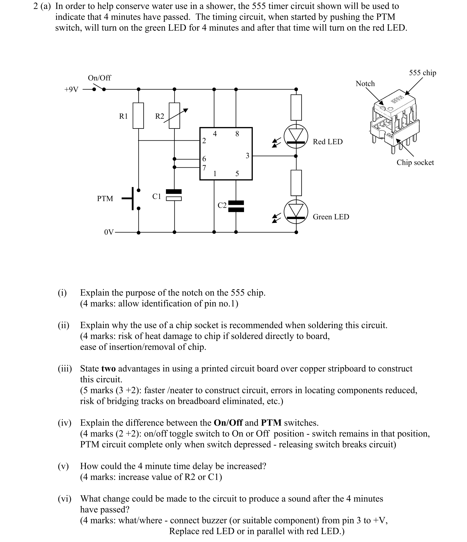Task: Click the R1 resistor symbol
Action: pyautogui.click(x=138, y=116)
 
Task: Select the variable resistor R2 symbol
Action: pyautogui.click(x=174, y=116)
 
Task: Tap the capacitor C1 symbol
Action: pyautogui.click(x=174, y=195)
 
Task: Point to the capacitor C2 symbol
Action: pyautogui.click(x=236, y=206)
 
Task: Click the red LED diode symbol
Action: pyautogui.click(x=296, y=136)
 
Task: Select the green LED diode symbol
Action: pyautogui.click(x=296, y=211)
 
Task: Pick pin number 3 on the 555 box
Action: pyautogui.click(x=247, y=156)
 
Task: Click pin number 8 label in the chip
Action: pyautogui.click(x=237, y=134)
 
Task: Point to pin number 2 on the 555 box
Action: pyautogui.click(x=204, y=141)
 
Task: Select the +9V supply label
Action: pyautogui.click(x=71, y=90)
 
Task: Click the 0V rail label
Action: pyautogui.click(x=109, y=232)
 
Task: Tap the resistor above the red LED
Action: pyautogui.click(x=296, y=107)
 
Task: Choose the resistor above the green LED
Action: pyautogui.click(x=296, y=183)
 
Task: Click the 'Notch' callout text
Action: pyautogui.click(x=365, y=84)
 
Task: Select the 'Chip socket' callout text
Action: pyautogui.click(x=415, y=162)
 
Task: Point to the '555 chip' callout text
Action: pyautogui.click(x=422, y=73)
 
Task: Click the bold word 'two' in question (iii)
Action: pyautogui.click(x=108, y=368)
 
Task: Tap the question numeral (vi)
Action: pyautogui.click(x=64, y=499)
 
